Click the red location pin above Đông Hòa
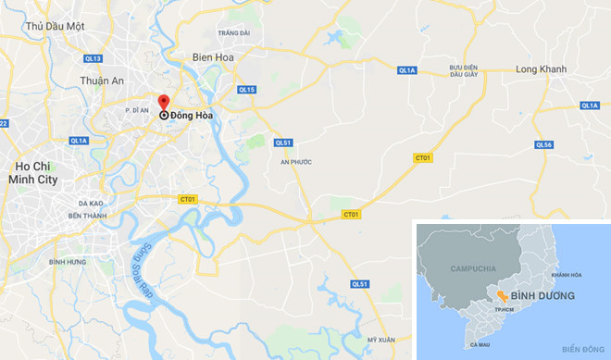(x=164, y=102)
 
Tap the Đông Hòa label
(x=191, y=116)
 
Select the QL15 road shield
(x=245, y=90)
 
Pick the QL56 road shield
(x=544, y=144)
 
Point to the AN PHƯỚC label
(x=295, y=162)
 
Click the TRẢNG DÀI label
(x=234, y=32)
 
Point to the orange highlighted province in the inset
(x=501, y=295)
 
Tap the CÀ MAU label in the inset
(x=480, y=344)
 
